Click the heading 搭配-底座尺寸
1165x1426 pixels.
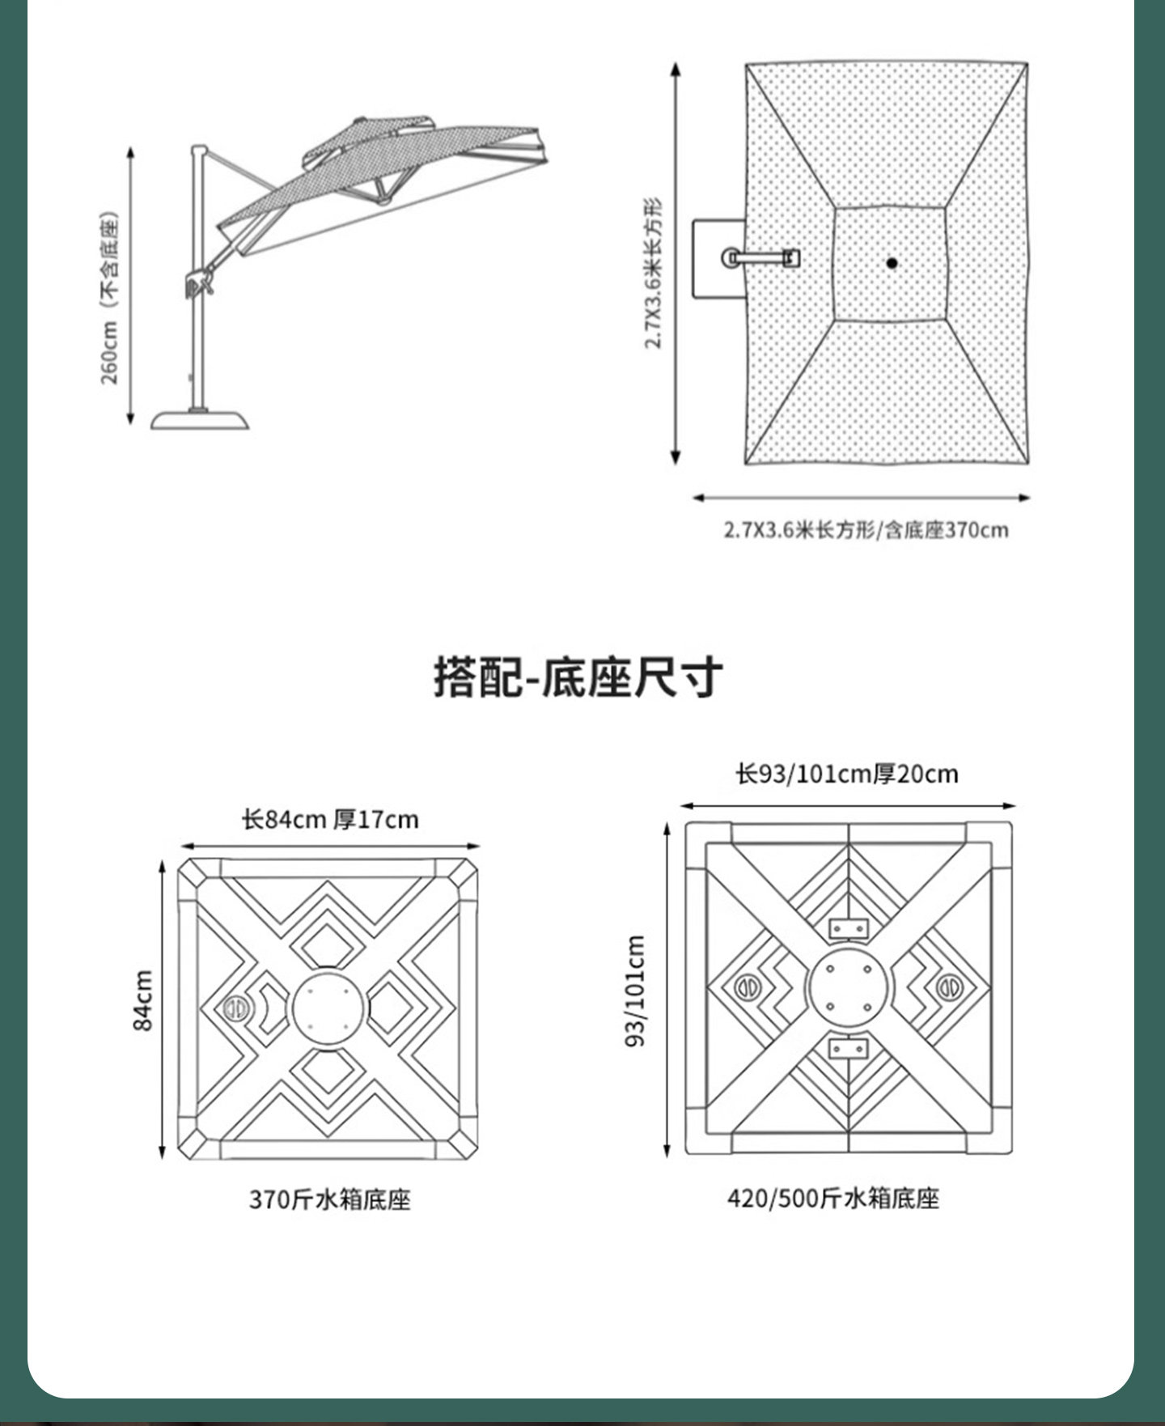(x=578, y=678)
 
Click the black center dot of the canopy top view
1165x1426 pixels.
(x=892, y=263)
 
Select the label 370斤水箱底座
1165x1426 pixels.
(x=329, y=1199)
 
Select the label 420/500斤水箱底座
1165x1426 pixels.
(x=832, y=1198)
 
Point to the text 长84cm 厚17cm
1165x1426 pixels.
(x=330, y=820)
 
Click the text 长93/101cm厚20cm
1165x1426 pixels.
(x=846, y=774)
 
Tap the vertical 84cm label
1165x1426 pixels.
(x=142, y=1000)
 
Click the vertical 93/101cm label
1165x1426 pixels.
(x=636, y=990)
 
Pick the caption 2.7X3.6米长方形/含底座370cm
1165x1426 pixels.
(x=866, y=531)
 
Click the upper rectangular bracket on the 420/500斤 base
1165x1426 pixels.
(x=848, y=927)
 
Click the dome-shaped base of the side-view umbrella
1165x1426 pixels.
(x=199, y=420)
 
